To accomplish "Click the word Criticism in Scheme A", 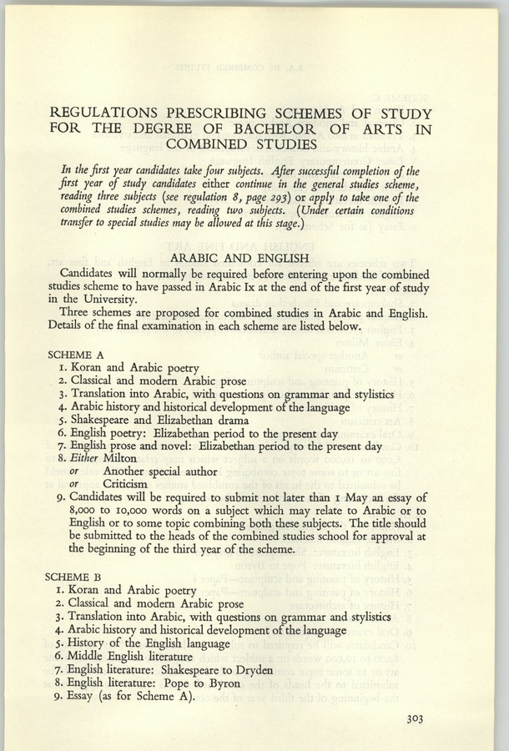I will click(x=125, y=483).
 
